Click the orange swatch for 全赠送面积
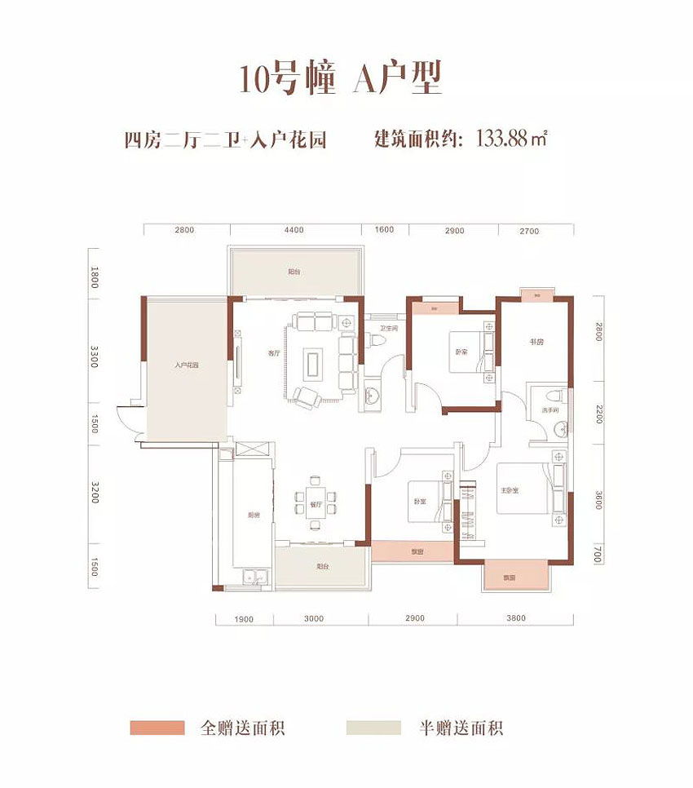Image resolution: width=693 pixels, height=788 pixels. point(157,727)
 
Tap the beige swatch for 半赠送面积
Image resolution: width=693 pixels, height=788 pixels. point(373,727)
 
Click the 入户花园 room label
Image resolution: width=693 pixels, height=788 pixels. point(187,365)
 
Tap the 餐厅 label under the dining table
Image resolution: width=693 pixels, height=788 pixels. point(316,504)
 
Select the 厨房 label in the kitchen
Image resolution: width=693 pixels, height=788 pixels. point(254,515)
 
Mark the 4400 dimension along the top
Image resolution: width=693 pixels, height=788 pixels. point(294,230)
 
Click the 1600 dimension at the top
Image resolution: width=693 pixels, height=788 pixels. point(386,230)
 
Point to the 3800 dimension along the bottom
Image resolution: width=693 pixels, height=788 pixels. point(516,618)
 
